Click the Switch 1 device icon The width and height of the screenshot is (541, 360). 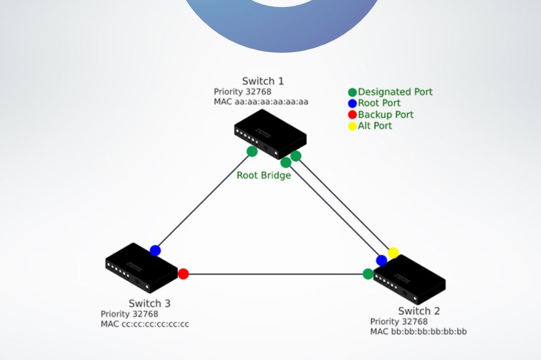tap(270, 134)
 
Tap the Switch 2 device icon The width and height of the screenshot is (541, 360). tap(409, 280)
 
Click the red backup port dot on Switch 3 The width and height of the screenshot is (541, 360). tap(183, 274)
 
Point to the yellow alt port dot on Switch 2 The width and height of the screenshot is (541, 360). tap(393, 253)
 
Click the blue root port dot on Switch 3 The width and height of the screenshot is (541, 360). tap(155, 251)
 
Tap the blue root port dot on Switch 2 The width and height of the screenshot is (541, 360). tap(381, 260)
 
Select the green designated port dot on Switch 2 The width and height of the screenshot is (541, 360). tap(368, 274)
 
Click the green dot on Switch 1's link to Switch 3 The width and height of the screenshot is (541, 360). tap(252, 151)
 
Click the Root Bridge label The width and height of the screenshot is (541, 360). tap(264, 176)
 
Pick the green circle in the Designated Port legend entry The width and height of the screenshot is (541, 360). tap(352, 92)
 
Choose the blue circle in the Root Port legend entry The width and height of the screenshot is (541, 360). tap(352, 103)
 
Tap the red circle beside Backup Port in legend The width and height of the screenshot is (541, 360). tap(352, 115)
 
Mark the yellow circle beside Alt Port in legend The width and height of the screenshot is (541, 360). tap(352, 126)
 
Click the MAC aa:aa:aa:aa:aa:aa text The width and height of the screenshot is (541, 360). tap(261, 102)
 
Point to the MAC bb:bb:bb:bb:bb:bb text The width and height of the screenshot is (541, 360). tap(418, 331)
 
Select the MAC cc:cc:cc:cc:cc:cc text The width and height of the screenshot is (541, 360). tap(145, 324)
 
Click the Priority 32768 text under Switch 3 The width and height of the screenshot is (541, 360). tap(129, 314)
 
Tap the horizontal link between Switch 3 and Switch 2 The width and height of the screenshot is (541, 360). tap(276, 274)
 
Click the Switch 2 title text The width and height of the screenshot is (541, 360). tap(419, 311)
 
